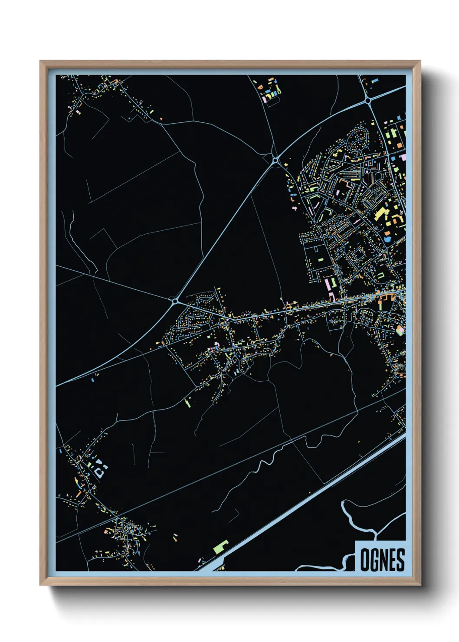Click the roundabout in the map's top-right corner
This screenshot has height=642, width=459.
pos(368,100)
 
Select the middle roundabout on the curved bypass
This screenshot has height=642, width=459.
pos(275,161)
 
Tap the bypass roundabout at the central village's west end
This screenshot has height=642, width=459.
pos(175,300)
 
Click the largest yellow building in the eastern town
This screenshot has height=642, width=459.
pos(380,213)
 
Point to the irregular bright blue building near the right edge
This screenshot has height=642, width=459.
pos(387,237)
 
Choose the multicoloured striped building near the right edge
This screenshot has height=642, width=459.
pos(400,331)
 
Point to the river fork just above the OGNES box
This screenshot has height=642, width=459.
pos(373,530)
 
